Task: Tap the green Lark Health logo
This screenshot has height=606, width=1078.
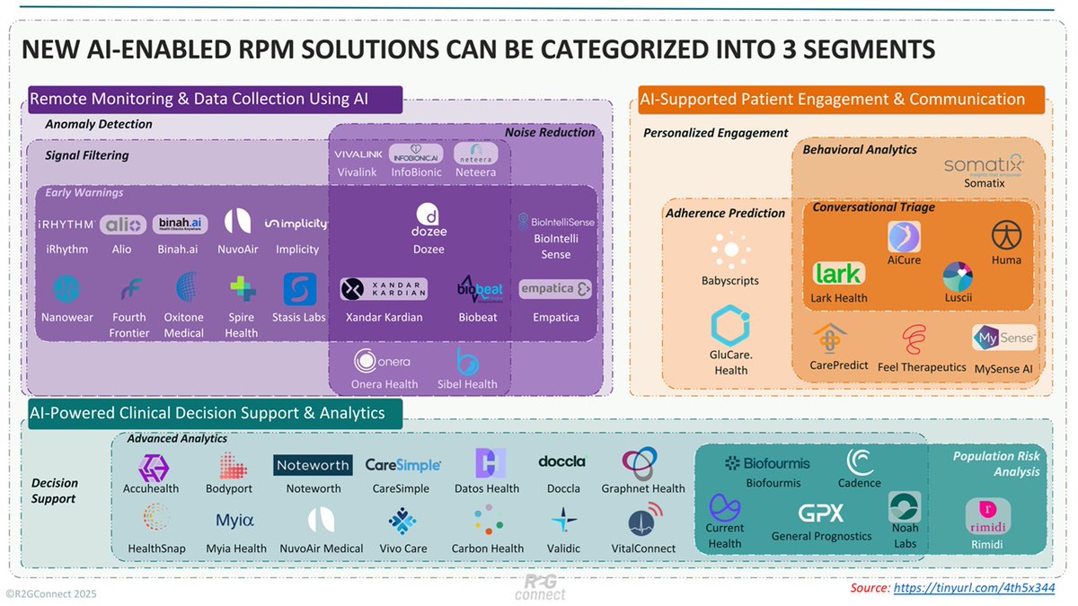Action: point(838,273)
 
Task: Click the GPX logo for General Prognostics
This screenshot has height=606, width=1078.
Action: point(821,513)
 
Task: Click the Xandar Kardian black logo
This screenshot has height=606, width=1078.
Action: point(384,289)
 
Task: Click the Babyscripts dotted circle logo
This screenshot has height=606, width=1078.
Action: point(729,249)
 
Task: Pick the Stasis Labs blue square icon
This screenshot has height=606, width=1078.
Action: point(299,290)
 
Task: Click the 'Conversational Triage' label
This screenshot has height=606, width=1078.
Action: point(873,207)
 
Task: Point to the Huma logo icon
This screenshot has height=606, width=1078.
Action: point(1006,235)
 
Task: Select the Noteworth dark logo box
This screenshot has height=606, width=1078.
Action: point(314,465)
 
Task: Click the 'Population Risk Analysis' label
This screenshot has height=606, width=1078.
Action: point(995,463)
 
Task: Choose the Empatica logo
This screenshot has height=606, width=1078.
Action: point(555,289)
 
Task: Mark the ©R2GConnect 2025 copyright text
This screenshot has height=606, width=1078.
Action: point(51,593)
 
